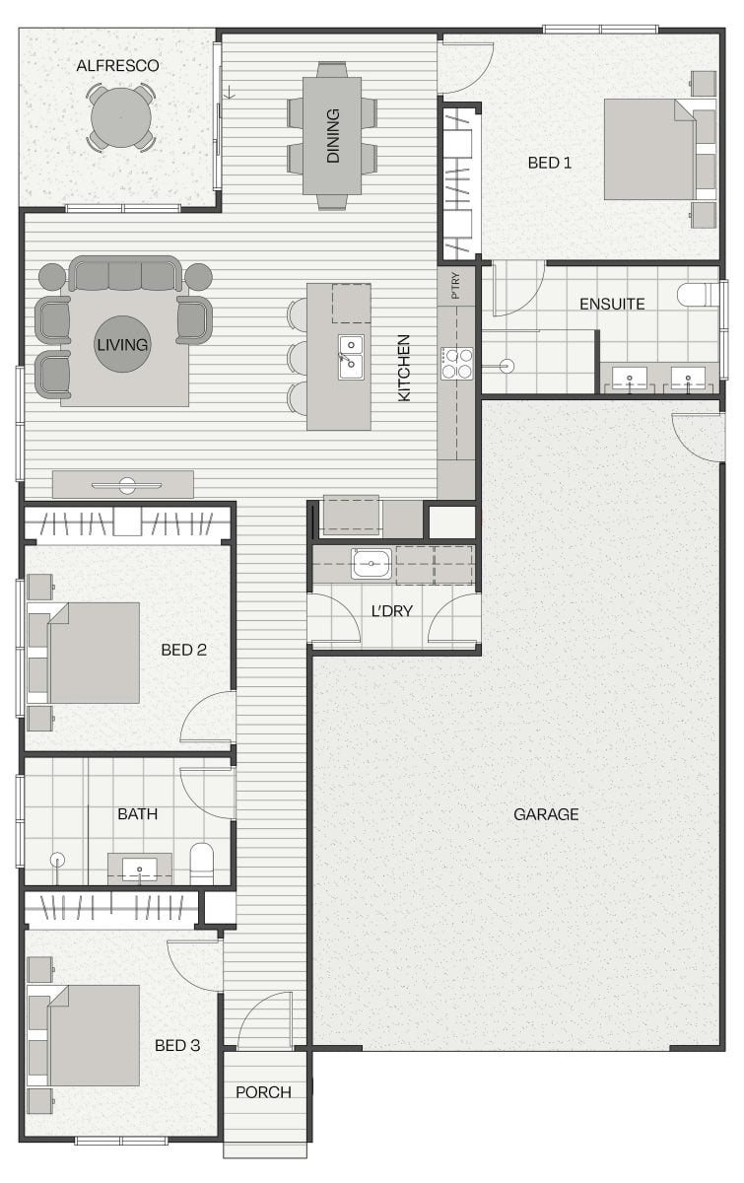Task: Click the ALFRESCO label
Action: [117, 66]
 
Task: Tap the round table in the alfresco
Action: [121, 117]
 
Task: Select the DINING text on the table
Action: [333, 136]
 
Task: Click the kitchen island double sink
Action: [351, 358]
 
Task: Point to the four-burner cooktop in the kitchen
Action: [457, 364]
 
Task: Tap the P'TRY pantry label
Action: [456, 286]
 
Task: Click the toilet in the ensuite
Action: [698, 295]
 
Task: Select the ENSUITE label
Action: [612, 305]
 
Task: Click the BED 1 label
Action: [549, 163]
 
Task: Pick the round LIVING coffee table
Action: [122, 344]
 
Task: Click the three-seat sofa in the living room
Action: [126, 274]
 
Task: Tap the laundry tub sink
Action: [372, 564]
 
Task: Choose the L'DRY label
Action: [392, 611]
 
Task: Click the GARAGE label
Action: [546, 814]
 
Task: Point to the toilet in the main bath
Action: [202, 864]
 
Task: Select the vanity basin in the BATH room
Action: [139, 869]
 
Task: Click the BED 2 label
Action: [183, 650]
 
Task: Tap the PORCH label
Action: [263, 1092]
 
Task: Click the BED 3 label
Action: [177, 1045]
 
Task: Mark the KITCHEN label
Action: [403, 368]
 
